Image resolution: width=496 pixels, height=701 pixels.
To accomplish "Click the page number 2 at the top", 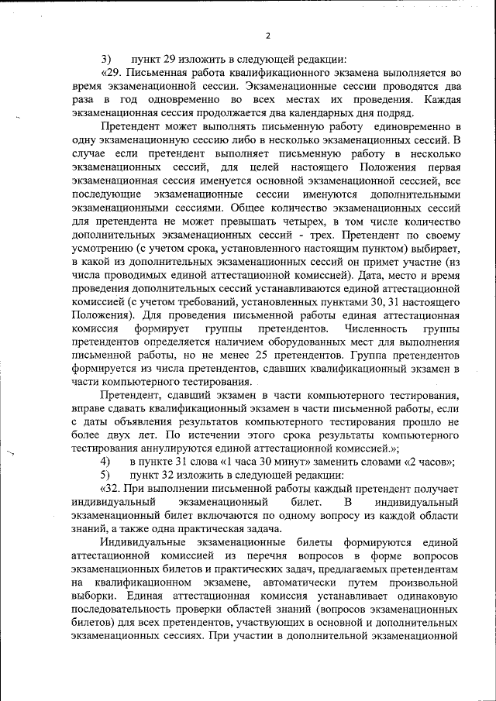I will coord(267,36).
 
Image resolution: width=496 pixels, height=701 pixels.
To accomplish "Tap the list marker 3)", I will coord(106,60).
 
